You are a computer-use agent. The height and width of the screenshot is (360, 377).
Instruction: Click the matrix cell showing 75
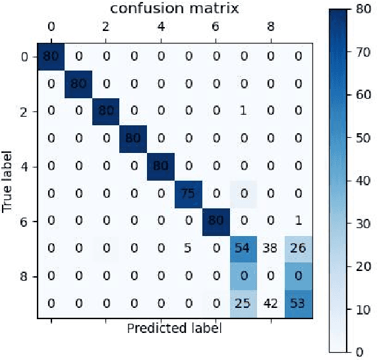(188, 193)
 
